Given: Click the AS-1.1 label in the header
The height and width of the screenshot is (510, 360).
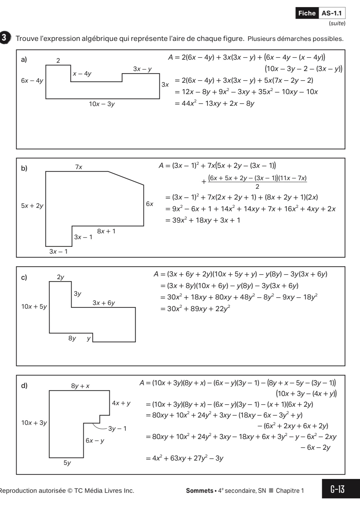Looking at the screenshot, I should [x=331, y=13].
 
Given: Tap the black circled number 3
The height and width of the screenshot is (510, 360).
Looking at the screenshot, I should [x=4, y=38].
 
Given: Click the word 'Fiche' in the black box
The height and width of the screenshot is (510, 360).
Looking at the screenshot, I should [x=307, y=13].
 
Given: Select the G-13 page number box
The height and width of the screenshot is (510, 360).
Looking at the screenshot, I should [x=338, y=489].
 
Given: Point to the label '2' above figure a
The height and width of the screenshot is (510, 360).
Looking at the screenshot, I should [x=58, y=60].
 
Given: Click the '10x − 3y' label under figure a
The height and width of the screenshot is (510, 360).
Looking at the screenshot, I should [x=102, y=104].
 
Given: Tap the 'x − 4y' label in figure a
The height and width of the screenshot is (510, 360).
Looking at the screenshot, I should [x=82, y=73].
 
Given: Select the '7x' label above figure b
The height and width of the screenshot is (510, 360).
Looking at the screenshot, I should [x=79, y=167].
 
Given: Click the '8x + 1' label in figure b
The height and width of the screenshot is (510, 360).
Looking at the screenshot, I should [x=106, y=231].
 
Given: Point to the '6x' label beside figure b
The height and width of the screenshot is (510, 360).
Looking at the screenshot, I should [x=150, y=204].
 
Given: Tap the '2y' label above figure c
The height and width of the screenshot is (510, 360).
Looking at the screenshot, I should [x=61, y=277].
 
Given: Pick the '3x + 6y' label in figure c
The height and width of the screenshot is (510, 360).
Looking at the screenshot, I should [x=104, y=303].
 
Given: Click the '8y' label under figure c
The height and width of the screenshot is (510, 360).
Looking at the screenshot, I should [x=72, y=338].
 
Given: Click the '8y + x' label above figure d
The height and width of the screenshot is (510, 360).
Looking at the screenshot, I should [x=80, y=386].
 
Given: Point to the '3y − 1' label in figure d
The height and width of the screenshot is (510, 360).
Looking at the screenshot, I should [x=117, y=428].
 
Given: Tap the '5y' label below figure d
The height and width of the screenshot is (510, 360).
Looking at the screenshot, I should [x=67, y=463].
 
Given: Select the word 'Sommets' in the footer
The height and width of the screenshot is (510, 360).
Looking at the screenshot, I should [x=199, y=491].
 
